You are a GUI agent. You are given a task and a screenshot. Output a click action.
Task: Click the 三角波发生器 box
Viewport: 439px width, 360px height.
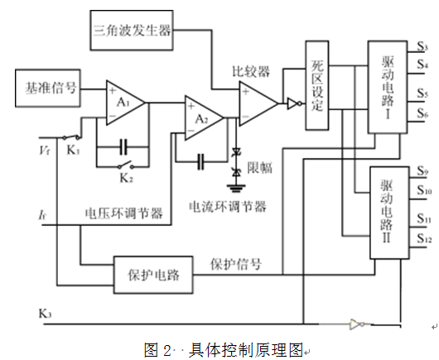(x=132, y=31)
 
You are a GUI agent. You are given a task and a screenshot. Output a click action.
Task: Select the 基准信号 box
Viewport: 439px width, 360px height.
(x=48, y=88)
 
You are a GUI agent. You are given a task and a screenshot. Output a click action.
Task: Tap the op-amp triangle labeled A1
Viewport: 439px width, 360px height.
(x=125, y=103)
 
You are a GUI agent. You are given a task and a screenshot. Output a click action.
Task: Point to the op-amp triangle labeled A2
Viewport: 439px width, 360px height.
(x=204, y=118)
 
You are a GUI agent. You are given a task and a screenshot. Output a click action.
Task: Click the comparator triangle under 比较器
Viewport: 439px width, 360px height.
(x=258, y=103)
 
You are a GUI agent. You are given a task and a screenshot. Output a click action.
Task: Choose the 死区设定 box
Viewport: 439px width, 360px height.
(x=317, y=85)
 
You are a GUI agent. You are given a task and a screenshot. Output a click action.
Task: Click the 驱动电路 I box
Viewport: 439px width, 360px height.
(x=388, y=87)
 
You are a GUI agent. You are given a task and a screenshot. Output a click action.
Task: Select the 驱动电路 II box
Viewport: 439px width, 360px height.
(x=389, y=213)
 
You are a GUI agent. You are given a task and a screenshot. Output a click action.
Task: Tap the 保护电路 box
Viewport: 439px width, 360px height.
(x=153, y=275)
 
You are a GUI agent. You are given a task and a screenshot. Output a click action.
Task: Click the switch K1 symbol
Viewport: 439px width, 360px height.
(x=71, y=137)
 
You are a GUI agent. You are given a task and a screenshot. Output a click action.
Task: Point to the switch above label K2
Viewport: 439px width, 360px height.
(x=125, y=165)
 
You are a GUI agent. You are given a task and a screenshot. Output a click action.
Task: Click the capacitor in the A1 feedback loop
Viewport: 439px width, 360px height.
(x=123, y=146)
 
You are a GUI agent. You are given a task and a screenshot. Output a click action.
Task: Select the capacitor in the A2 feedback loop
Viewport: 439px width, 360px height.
(x=200, y=161)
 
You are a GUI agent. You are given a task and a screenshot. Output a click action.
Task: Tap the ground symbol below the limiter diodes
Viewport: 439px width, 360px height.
(x=236, y=188)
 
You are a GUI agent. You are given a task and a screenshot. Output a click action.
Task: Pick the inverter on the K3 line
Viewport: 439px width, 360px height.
(x=357, y=324)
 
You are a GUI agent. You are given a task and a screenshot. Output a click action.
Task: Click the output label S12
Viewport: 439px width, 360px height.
(x=424, y=238)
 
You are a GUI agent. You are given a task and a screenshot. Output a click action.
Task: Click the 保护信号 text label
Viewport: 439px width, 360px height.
(x=236, y=264)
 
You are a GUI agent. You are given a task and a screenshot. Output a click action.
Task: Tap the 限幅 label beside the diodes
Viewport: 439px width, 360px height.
(x=259, y=168)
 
